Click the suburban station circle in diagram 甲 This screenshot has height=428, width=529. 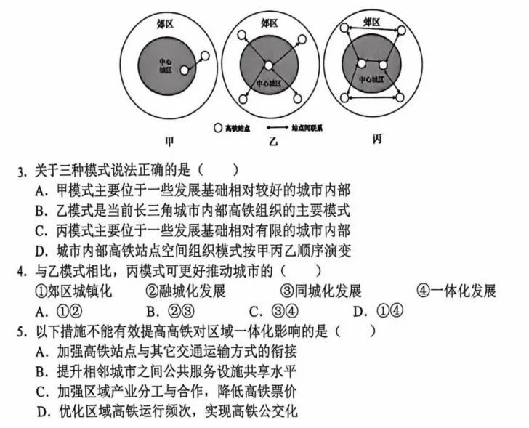[206, 56]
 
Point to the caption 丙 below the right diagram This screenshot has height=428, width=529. [376, 140]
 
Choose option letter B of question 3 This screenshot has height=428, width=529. [40, 211]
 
